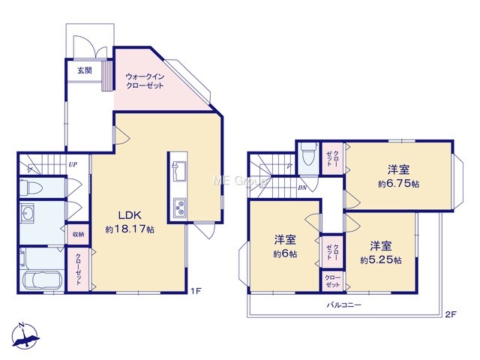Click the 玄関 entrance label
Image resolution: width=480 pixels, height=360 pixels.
pyautogui.click(x=84, y=70)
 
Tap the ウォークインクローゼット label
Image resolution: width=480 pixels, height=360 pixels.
pyautogui.click(x=145, y=81)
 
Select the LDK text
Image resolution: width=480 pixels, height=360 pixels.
pyautogui.click(x=130, y=215)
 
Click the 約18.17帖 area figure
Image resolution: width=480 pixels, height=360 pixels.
pyautogui.click(x=130, y=229)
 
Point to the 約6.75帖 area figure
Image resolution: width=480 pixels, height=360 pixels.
pyautogui.click(x=398, y=184)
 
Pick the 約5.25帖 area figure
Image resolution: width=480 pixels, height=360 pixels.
pyautogui.click(x=381, y=260)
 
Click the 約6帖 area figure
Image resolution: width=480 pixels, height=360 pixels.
pyautogui.click(x=285, y=254)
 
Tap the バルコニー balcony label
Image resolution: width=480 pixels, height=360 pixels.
pyautogui.click(x=344, y=305)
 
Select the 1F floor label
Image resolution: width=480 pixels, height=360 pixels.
pyautogui.click(x=196, y=291)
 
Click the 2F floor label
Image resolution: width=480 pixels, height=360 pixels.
pyautogui.click(x=451, y=314)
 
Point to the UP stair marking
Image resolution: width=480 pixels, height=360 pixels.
pyautogui.click(x=73, y=165)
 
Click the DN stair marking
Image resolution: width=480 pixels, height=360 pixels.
pyautogui.click(x=302, y=188)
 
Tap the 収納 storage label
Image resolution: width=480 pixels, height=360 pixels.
pyautogui.click(x=78, y=235)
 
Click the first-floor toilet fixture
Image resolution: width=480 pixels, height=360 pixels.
pyautogui.click(x=31, y=187)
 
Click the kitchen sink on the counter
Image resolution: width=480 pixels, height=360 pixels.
pyautogui.click(x=179, y=171)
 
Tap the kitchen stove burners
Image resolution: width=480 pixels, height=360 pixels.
pyautogui.click(x=179, y=208)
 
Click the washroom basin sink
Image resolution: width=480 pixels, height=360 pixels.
pyautogui.click(x=28, y=211)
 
